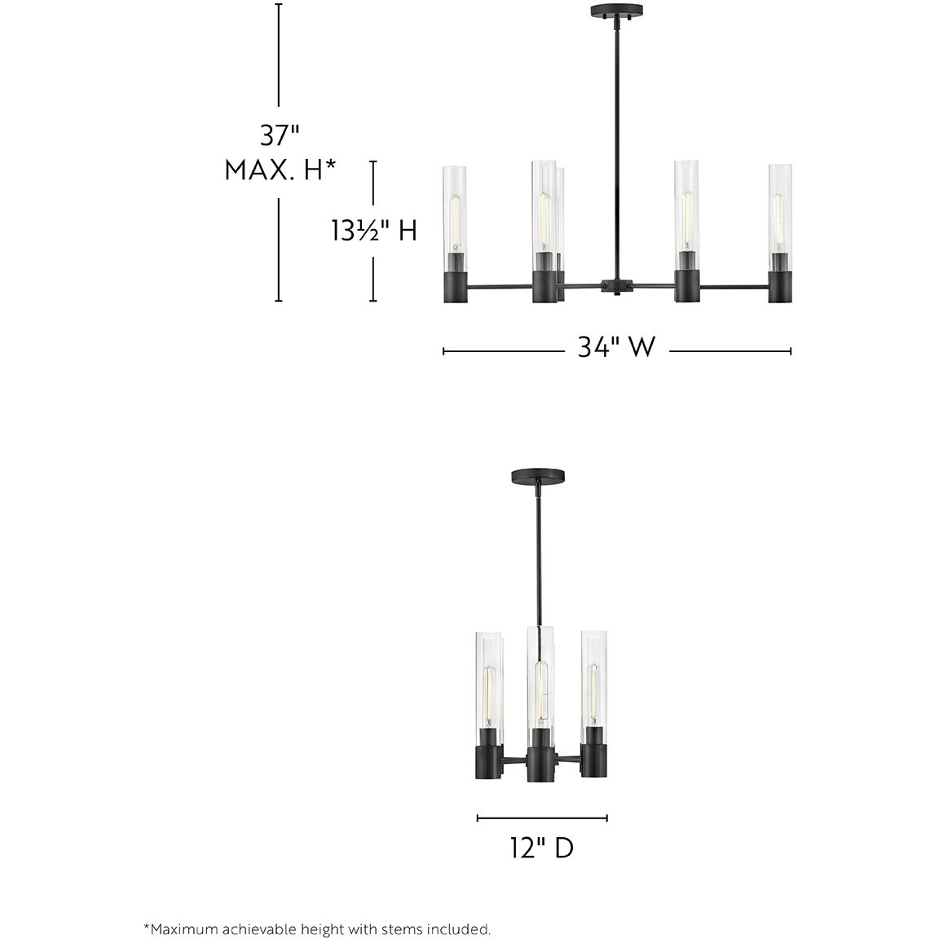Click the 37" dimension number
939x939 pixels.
[279, 135]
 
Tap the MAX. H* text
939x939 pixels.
[280, 170]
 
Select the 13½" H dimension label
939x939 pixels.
[374, 230]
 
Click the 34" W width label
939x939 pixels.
[616, 346]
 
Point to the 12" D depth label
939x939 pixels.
[542, 848]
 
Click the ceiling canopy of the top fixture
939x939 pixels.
[616, 10]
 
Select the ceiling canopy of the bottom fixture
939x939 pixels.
[538, 476]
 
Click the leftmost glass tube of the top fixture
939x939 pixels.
[456, 209]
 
